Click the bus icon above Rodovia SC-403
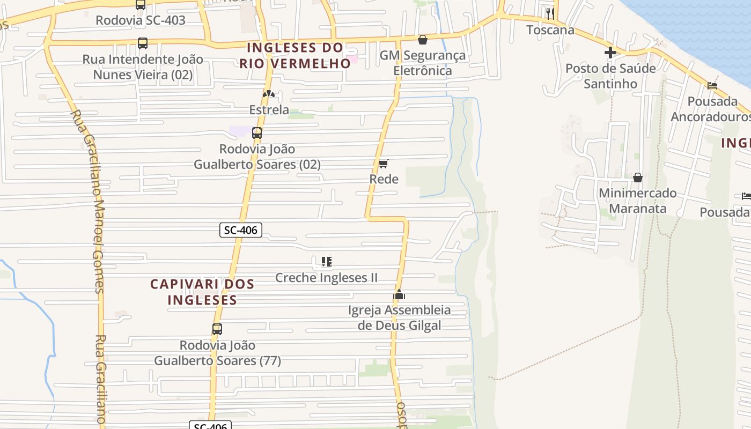click(x=141, y=5)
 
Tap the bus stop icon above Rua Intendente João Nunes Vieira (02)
click(x=143, y=43)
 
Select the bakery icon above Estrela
click(x=269, y=94)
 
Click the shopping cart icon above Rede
click(x=384, y=164)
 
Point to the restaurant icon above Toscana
click(x=550, y=13)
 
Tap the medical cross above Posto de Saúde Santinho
click(x=610, y=53)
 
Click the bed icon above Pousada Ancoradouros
click(x=712, y=86)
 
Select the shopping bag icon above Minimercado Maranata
click(x=638, y=177)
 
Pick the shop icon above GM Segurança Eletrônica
click(x=423, y=40)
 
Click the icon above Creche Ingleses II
click(x=326, y=262)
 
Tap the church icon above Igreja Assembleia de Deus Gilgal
click(x=399, y=294)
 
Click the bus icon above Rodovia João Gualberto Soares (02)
click(x=257, y=133)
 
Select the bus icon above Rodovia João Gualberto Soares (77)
click(x=217, y=329)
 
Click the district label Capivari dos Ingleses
click(x=202, y=292)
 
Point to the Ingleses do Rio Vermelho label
click(x=294, y=55)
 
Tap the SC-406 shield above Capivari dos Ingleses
click(x=241, y=231)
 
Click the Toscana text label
click(x=550, y=30)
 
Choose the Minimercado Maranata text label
click(x=638, y=201)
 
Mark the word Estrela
click(x=269, y=110)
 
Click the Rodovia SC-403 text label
click(x=141, y=20)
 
